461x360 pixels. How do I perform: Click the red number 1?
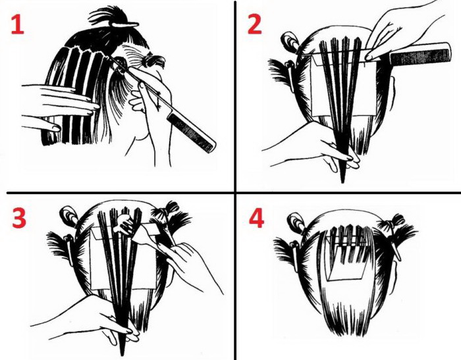pos(17,25)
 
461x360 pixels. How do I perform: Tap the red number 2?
pos(255,24)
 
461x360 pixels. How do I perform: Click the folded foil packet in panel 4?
pos(347,259)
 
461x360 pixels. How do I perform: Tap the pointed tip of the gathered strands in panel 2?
pos(342,182)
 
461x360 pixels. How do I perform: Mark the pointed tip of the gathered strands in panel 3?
pos(122,355)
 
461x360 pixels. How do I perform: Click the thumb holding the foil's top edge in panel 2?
pos(372,55)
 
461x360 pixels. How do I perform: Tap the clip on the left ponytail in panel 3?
pos(70,247)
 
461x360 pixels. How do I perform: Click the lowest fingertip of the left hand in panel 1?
pos(55,128)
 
